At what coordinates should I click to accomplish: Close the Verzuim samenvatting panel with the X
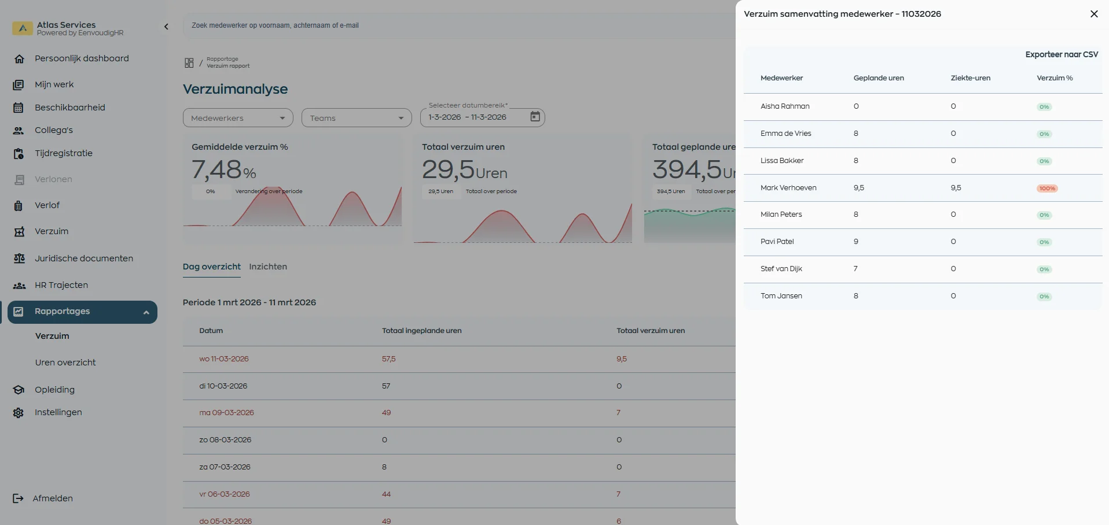click(1093, 14)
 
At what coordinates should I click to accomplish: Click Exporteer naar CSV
click(1061, 54)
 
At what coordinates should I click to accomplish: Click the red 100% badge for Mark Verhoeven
click(1046, 188)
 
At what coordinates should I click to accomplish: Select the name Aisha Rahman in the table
click(785, 106)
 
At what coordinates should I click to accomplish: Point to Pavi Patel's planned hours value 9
click(855, 242)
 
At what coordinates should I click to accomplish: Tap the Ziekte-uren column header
click(970, 78)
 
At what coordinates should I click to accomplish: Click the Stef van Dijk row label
click(781, 269)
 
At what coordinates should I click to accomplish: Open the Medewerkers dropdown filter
click(238, 118)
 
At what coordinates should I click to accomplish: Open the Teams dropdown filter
click(356, 118)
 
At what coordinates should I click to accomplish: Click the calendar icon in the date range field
click(535, 117)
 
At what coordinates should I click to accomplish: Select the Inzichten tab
click(268, 267)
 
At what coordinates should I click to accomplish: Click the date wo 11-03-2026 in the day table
click(224, 359)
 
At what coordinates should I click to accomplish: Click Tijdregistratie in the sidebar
click(64, 153)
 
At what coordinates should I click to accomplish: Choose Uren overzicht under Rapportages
click(65, 363)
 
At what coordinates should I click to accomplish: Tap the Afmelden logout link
click(52, 498)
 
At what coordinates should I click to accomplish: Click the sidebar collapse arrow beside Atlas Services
click(166, 27)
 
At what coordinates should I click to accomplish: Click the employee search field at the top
click(457, 25)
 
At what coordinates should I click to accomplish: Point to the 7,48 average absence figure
click(216, 169)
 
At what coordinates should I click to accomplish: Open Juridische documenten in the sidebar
click(84, 258)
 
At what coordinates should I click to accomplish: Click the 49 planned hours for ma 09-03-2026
click(386, 413)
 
